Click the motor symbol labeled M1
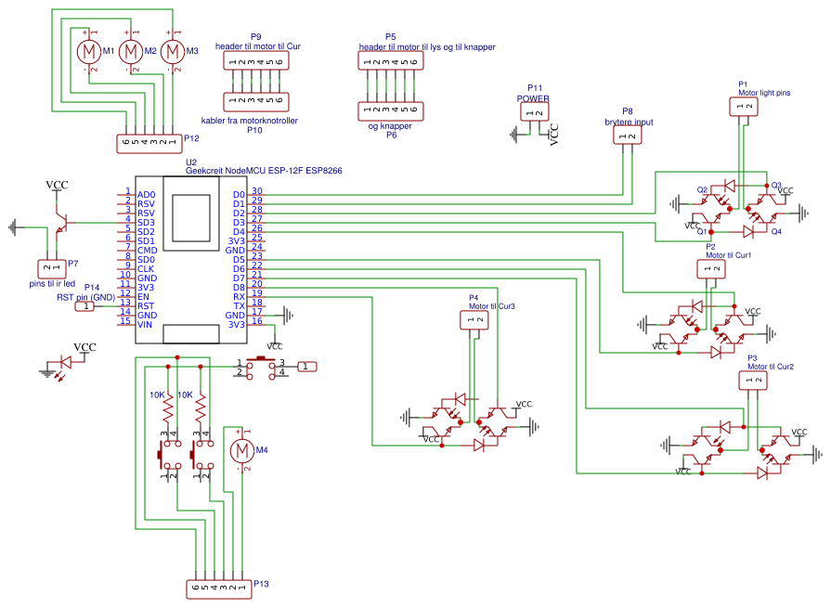pos(87,51)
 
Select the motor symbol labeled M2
pos(131,51)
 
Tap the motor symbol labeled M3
pos(173,51)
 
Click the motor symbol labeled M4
pos(241,451)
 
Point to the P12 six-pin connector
pos(149,143)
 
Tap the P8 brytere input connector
pos(627,136)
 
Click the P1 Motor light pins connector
pos(745,107)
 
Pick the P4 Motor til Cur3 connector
pos(474,320)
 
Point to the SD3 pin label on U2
pos(146,223)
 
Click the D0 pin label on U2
pos(239,195)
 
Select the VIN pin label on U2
pos(146,324)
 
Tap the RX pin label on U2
pos(239,297)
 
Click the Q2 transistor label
pos(703,189)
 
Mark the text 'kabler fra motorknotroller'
pos(255,121)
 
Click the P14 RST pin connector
pos(85,305)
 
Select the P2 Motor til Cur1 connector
pos(710,269)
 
